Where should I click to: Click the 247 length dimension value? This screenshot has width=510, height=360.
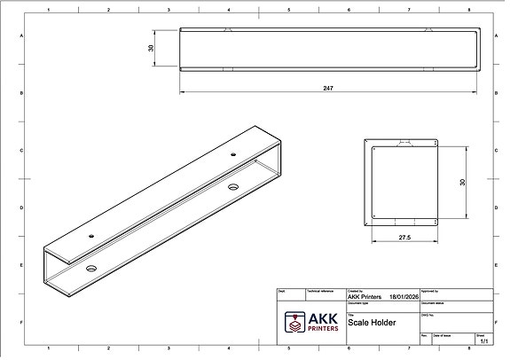329,88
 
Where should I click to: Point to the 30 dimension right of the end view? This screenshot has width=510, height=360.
461,181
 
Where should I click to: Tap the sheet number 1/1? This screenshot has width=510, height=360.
483,340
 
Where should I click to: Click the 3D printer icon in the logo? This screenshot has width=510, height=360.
294,322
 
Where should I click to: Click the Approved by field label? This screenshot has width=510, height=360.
429,290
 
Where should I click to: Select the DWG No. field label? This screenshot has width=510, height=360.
428,314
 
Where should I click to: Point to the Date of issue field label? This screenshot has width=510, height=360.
443,335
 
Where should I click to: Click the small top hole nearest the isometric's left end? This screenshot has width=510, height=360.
91,236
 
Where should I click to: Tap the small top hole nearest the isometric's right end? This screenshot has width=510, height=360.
232,154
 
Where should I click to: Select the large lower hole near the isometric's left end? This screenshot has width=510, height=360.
91,266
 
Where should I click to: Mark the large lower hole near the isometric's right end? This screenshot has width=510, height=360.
233,185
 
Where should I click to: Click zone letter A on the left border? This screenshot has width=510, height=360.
21,35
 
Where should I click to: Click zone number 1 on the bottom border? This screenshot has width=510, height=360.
48,348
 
